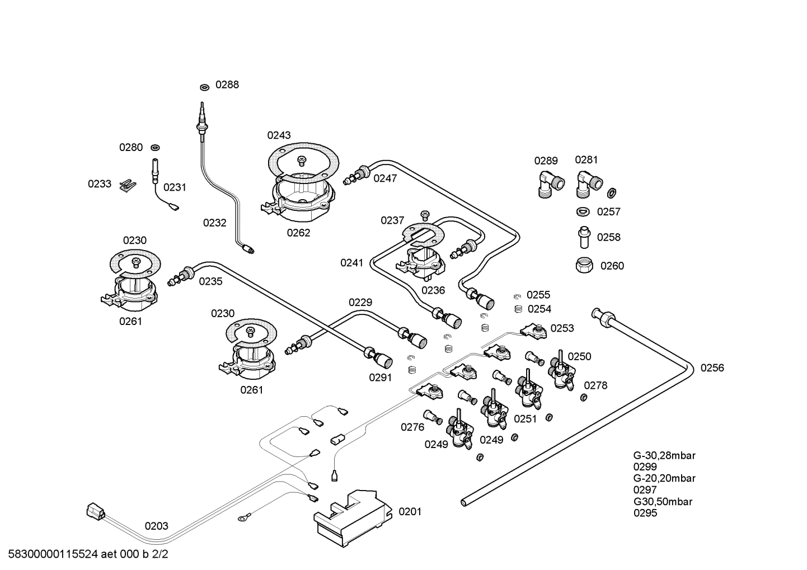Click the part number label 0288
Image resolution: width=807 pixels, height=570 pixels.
point(227,85)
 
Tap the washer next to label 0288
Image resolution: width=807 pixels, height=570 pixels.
point(204,87)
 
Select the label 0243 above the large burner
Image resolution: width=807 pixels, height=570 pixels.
point(279,135)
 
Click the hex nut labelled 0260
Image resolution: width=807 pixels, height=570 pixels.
point(585,265)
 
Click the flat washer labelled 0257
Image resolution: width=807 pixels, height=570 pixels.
point(583,211)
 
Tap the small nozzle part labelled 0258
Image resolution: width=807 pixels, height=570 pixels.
point(584,237)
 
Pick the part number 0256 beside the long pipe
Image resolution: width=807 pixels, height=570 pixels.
point(712,368)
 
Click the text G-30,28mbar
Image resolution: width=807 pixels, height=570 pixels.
point(664,455)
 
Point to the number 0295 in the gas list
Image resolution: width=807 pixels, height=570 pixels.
point(645,513)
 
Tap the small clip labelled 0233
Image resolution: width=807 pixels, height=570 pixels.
point(129,184)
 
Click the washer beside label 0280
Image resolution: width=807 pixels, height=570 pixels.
point(155,148)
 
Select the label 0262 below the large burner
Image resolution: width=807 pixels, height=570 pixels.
point(298,233)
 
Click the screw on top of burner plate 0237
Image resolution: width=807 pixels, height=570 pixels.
point(424,214)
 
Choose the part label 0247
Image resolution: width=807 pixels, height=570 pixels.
point(385,178)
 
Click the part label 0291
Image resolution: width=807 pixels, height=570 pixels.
point(381,378)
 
